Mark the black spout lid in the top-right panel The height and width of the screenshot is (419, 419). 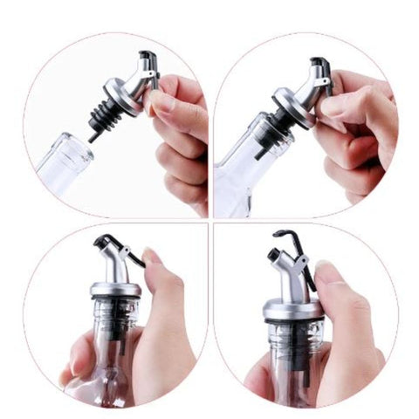(x=320, y=65)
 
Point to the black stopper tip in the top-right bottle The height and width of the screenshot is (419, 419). (x=261, y=152)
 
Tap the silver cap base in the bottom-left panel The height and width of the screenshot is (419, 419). (x=113, y=289)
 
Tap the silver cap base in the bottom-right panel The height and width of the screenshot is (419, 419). (x=293, y=306)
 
